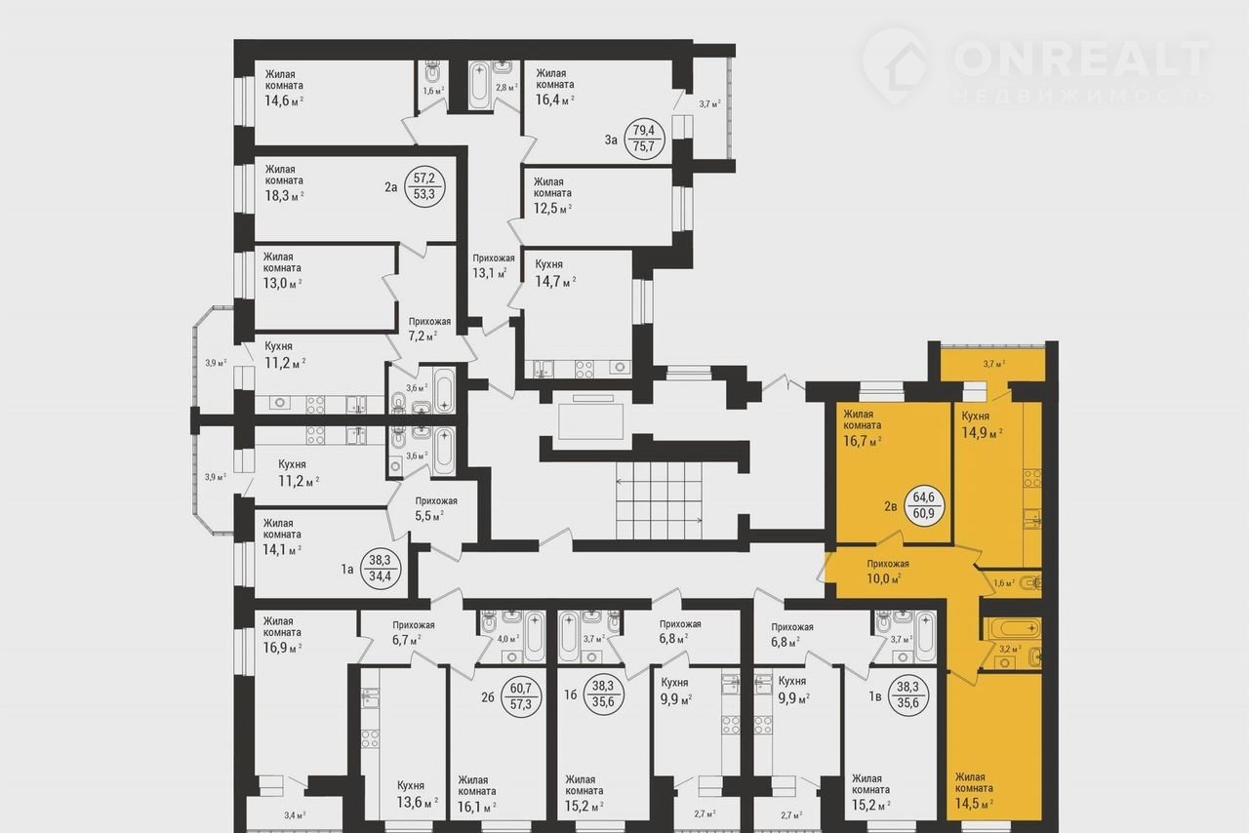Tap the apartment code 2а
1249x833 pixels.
391,187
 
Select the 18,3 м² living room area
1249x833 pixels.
284,196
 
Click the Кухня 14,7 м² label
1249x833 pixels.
555,273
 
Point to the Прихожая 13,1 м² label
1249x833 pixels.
493,266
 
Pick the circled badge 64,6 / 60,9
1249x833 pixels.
924,504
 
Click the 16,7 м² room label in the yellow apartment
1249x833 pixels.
862,428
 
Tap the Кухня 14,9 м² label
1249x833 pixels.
982,425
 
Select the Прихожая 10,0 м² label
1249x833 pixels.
887,572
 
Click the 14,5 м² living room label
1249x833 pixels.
975,791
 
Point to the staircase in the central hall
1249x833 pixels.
659,500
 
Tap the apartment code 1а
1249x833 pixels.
347,570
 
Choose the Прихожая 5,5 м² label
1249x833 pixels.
435,508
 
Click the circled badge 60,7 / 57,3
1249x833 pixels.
521,697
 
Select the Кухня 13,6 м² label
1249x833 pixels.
417,795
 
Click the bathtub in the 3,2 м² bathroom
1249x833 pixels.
1011,629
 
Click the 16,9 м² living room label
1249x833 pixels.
282,636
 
